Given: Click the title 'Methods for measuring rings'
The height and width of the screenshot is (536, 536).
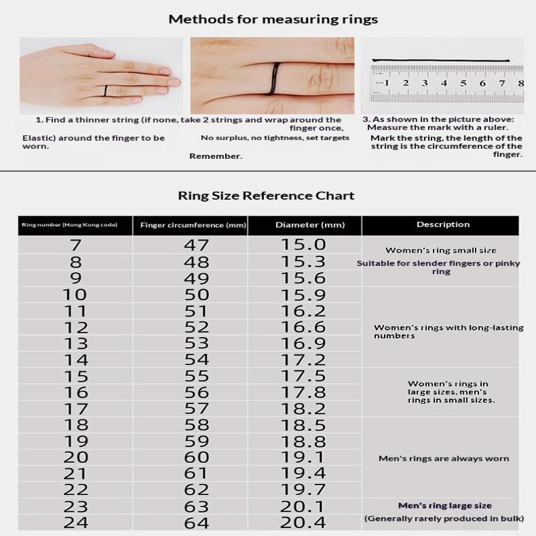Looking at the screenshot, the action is point(273,19).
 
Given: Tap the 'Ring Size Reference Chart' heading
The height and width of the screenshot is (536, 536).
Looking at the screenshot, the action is point(266,196).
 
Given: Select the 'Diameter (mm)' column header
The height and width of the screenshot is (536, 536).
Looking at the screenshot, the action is point(310,225).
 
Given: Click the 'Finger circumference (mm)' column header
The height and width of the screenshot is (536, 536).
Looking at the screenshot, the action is point(193,225).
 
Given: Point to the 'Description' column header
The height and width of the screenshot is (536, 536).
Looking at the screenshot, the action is point(443,224).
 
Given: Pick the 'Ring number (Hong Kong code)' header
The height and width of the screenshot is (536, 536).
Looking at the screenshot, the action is point(70,225).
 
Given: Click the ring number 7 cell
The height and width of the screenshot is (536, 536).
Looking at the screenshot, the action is point(76,245).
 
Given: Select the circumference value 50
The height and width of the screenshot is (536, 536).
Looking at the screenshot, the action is point(196,295).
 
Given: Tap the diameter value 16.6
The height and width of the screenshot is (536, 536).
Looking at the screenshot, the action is point(304,327).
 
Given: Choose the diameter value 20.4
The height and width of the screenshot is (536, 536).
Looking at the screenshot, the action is point(303,523).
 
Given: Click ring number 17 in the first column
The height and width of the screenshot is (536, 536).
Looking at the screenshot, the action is point(76,409).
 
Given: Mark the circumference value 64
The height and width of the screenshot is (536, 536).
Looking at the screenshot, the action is point(196,523).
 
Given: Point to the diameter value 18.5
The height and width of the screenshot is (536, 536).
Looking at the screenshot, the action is point(304,425).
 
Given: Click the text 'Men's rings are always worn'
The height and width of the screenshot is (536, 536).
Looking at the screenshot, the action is point(444,458).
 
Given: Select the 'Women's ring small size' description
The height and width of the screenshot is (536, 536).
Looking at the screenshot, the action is point(441,250).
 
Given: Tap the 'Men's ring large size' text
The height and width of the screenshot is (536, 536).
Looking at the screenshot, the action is point(445,506).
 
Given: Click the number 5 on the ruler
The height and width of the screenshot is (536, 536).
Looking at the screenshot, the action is point(463,83).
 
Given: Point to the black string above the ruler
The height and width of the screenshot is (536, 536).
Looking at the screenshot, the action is point(441,60).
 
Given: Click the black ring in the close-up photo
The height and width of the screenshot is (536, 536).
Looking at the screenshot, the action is point(274,78).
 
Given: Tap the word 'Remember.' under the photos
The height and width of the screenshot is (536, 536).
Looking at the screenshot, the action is point(216,156).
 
